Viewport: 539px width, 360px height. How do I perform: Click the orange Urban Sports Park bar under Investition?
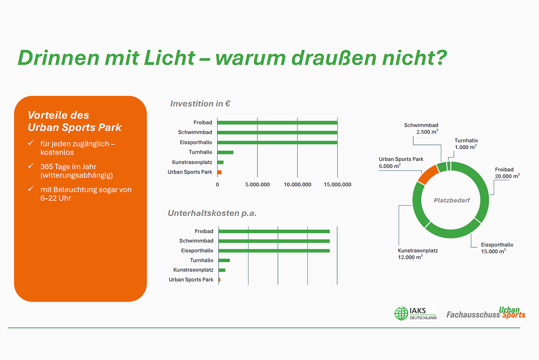[219, 172]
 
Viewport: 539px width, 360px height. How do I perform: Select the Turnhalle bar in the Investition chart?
[225, 152]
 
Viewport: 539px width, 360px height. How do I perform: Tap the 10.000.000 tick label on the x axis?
[297, 185]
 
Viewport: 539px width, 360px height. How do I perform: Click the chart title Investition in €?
[200, 104]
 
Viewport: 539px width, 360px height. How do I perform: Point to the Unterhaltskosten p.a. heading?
[212, 213]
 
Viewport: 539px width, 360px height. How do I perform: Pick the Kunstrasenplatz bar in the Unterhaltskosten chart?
[222, 270]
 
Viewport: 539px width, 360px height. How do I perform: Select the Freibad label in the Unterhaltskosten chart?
[204, 231]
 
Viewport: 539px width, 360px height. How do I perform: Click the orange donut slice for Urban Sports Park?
[425, 175]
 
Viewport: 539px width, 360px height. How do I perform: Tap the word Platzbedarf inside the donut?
[452, 200]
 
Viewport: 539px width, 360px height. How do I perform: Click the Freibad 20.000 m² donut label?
[507, 173]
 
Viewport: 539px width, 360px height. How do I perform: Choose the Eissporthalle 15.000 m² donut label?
[497, 248]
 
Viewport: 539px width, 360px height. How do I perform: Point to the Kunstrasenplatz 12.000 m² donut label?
[417, 253]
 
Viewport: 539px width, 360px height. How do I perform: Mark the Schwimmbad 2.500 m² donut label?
[421, 128]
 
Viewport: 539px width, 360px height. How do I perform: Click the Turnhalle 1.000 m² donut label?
[466, 144]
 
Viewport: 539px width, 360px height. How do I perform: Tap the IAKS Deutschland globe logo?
[401, 313]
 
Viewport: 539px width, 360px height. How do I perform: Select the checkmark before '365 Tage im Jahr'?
[31, 166]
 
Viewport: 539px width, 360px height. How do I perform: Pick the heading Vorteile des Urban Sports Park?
[74, 121]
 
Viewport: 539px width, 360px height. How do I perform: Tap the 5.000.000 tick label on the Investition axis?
[257, 185]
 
